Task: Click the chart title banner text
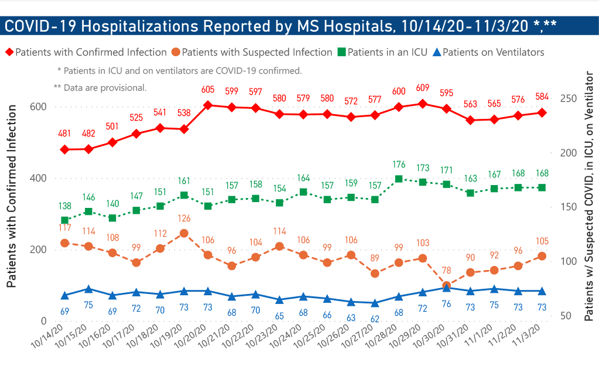280,26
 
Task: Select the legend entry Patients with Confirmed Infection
91,52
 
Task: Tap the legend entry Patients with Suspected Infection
257,52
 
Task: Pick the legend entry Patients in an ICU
387,52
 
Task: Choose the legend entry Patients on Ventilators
494,52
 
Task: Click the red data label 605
207,90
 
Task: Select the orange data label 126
184,218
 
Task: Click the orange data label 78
446,271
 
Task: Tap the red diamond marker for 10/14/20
65,149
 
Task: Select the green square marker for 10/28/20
399,179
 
